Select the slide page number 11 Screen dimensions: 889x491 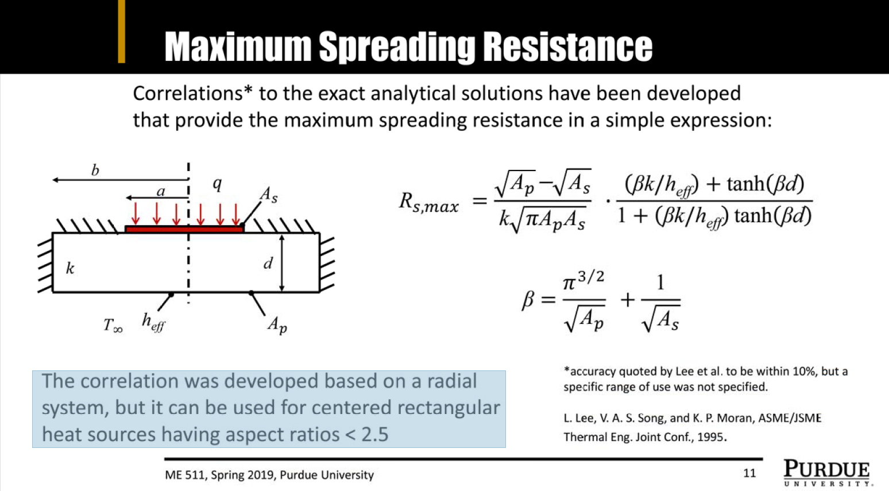749,473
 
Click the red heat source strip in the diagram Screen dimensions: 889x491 184,229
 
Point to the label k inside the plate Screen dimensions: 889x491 70,268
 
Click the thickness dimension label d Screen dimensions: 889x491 268,263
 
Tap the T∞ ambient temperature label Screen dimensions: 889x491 113,325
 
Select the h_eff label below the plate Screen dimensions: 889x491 153,322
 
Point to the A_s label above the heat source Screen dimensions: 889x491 269,195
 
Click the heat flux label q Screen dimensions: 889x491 217,184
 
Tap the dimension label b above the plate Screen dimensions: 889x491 95,171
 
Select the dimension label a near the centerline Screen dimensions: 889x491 161,192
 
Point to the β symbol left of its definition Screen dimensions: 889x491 528,300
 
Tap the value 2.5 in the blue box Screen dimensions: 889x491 374,434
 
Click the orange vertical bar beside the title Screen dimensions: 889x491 121,32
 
